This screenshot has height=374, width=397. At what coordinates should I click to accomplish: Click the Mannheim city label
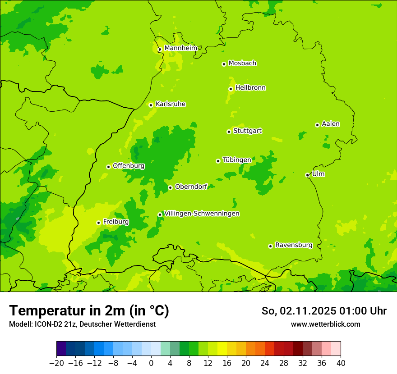click(180, 48)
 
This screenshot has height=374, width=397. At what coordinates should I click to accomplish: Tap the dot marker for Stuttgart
click(229, 132)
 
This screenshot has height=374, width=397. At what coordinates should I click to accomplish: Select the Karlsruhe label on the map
click(171, 104)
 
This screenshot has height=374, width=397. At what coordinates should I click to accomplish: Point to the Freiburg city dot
click(98, 223)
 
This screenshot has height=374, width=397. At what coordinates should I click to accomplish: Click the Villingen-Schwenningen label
click(202, 214)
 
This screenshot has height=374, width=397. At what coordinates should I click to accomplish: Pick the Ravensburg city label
click(294, 245)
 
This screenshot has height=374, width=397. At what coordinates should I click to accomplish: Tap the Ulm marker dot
click(307, 175)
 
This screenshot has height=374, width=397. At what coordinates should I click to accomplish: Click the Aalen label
click(331, 124)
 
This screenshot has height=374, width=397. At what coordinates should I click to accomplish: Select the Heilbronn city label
click(250, 88)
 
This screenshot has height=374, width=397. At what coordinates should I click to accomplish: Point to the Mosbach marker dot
click(224, 64)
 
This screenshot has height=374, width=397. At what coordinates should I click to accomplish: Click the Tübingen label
click(237, 160)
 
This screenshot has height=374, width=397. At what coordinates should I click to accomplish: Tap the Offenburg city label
click(129, 166)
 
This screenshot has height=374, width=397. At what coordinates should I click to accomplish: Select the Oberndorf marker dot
click(170, 187)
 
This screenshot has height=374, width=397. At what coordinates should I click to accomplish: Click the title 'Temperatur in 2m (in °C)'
click(89, 310)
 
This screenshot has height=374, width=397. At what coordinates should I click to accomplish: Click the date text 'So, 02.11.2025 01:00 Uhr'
click(324, 311)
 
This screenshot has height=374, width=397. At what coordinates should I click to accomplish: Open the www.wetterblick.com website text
click(325, 324)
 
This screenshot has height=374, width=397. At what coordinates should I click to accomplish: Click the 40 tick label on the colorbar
click(341, 363)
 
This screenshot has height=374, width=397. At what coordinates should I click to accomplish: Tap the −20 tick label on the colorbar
click(56, 363)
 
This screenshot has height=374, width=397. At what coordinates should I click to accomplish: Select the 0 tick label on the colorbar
click(151, 363)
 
